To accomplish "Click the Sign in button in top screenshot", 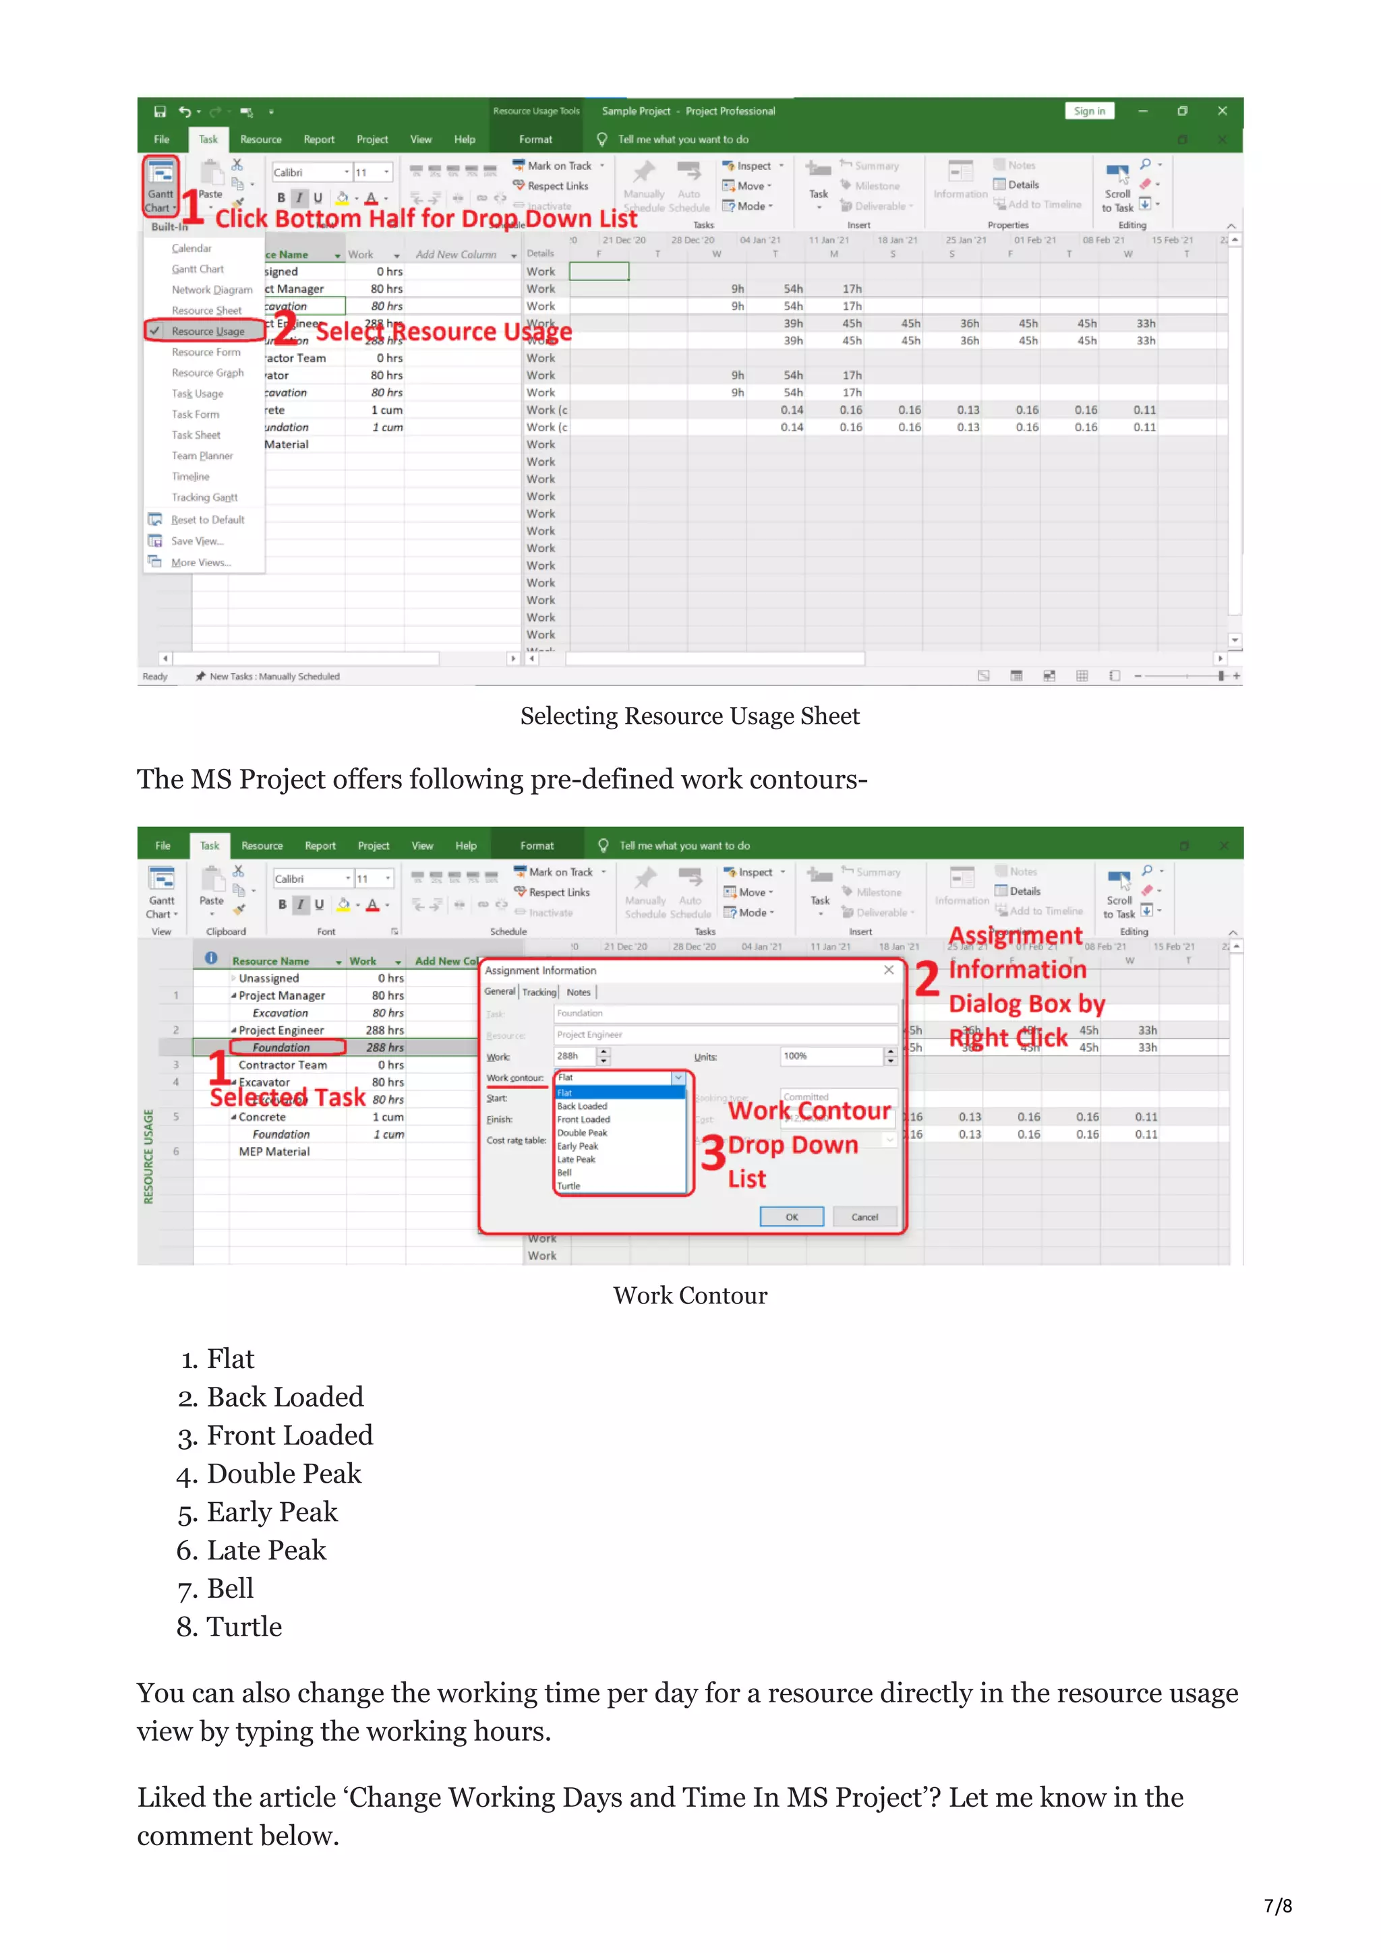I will point(1088,111).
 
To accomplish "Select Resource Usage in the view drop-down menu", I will point(208,331).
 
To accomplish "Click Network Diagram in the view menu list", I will point(212,290).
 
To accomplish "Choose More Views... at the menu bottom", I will point(201,562).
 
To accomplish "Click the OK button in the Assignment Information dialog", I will point(792,1216).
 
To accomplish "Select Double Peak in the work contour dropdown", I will point(582,1133).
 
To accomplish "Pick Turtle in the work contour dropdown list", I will point(568,1186).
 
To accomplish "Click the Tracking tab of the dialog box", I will point(539,992).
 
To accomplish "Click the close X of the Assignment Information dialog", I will point(888,970).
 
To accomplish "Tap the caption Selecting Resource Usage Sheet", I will point(689,716).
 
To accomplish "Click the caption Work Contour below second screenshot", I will point(689,1295).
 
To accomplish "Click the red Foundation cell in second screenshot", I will point(281,1047).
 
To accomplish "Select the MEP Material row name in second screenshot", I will point(274,1152).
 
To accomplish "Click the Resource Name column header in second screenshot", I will point(270,961).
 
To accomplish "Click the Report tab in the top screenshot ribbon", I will point(318,139).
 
